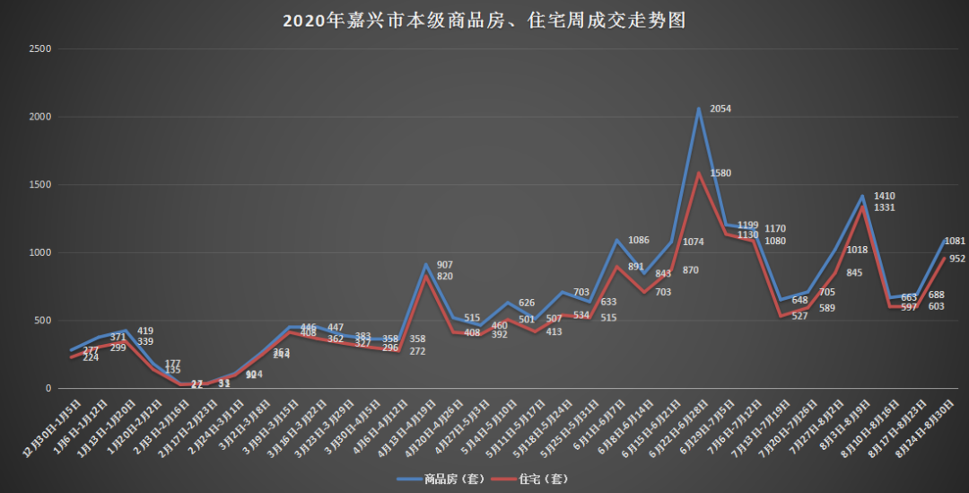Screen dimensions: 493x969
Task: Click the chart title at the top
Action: (x=484, y=21)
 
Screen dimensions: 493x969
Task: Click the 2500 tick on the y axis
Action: (x=39, y=48)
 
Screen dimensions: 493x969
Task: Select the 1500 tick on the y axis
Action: (x=39, y=185)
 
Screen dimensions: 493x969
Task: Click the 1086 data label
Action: (x=639, y=240)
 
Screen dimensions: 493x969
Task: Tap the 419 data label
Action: (x=146, y=330)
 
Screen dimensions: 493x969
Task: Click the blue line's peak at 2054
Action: (x=698, y=110)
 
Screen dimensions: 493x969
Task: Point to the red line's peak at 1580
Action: (x=698, y=173)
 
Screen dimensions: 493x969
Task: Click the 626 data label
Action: (x=527, y=303)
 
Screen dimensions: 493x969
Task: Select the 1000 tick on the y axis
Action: (x=39, y=253)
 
